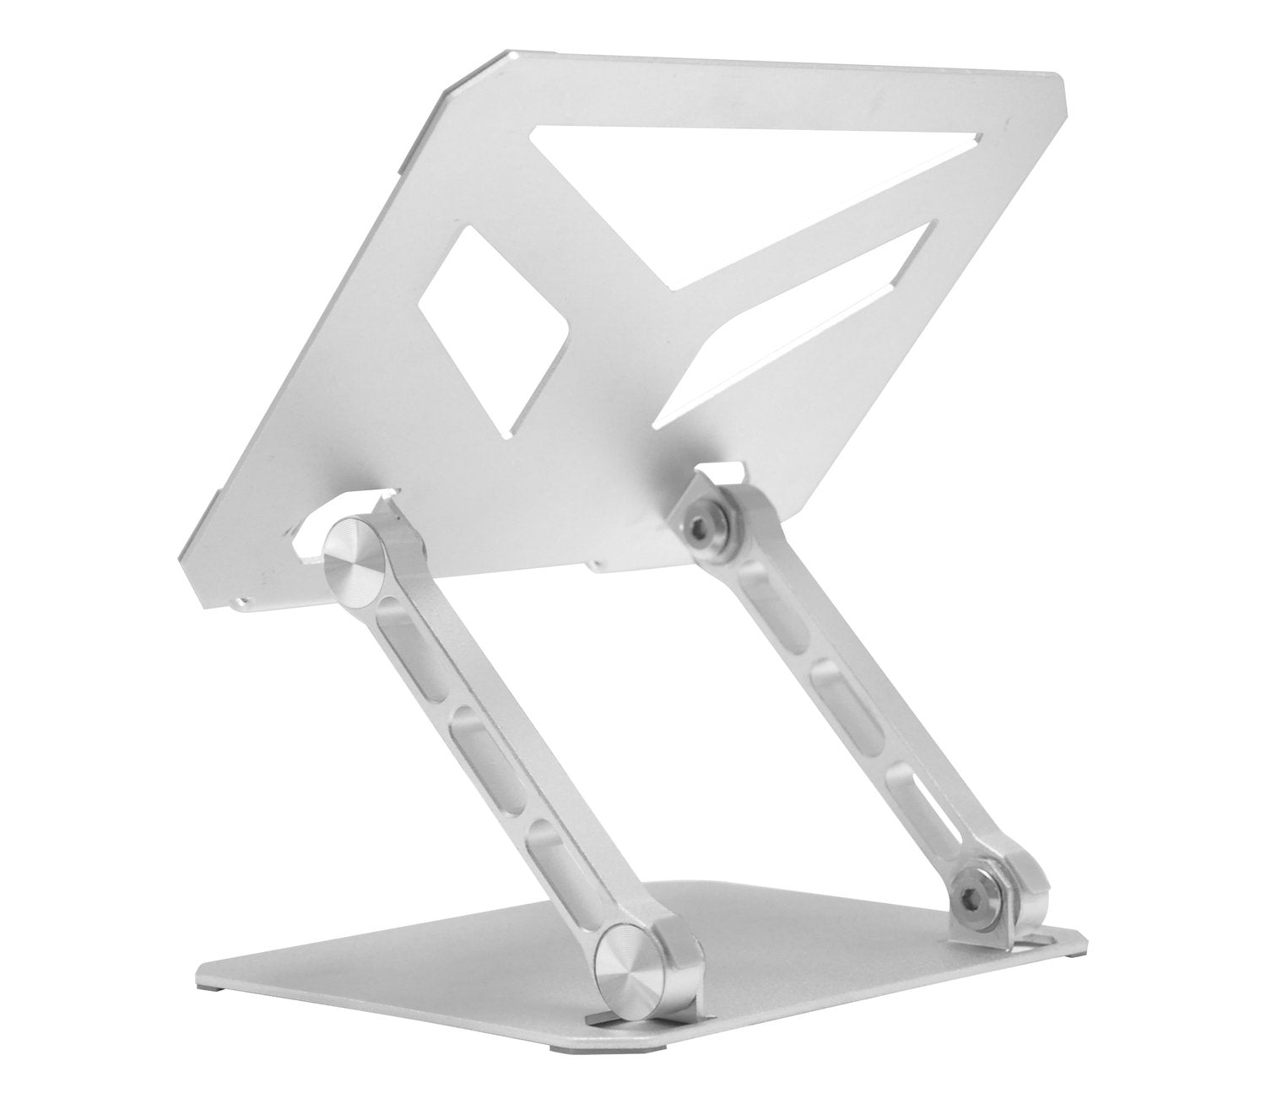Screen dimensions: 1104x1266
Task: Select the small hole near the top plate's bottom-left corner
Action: click(x=243, y=601)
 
